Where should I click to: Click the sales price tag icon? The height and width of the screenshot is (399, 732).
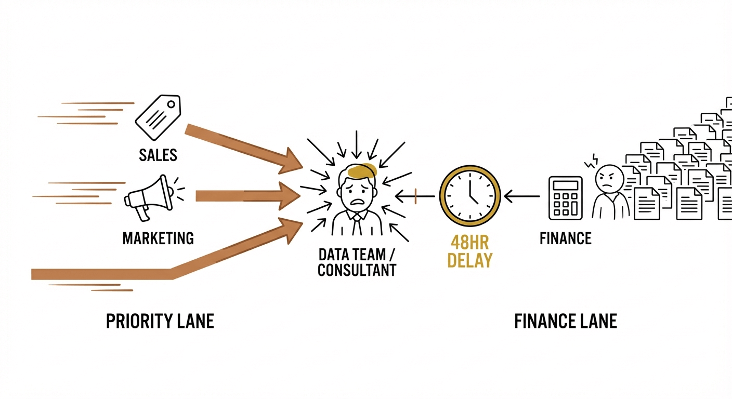(158, 118)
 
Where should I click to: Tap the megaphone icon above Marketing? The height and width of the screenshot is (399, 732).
(149, 197)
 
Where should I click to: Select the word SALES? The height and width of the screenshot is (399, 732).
(158, 154)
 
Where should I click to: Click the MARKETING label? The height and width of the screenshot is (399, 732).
(158, 238)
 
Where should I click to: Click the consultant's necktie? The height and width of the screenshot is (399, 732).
(357, 225)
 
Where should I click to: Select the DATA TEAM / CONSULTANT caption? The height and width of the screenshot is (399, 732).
(357, 262)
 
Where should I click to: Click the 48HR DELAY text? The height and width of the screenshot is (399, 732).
(469, 251)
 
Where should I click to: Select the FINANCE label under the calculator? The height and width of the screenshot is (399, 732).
(565, 238)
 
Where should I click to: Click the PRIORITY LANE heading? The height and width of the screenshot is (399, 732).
(160, 321)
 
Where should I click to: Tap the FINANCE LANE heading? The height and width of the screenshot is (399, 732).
(565, 321)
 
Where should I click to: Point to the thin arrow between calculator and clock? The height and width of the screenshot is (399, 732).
(522, 196)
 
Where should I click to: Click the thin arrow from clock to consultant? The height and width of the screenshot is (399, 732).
(416, 196)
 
